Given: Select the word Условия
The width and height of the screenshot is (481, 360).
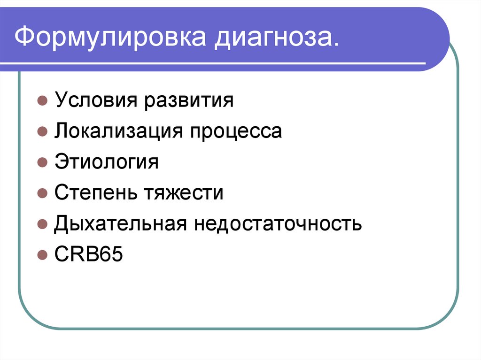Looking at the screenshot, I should pyautogui.click(x=95, y=101).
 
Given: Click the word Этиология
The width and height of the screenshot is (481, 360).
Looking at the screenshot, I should pyautogui.click(x=106, y=162).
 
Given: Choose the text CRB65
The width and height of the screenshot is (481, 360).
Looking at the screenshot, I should pyautogui.click(x=88, y=254).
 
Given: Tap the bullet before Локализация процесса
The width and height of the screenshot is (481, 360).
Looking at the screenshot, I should pyautogui.click(x=42, y=132).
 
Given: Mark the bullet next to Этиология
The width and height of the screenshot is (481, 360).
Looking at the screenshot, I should pyautogui.click(x=42, y=163).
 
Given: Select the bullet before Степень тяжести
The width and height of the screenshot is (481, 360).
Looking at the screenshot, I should pyautogui.click(x=42, y=193).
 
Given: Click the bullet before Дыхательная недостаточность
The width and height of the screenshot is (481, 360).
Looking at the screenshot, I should pyautogui.click(x=42, y=224).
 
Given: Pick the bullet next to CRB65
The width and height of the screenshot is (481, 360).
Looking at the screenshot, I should pyautogui.click(x=42, y=255).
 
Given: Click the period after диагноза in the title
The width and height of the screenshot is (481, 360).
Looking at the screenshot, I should pyautogui.click(x=334, y=46).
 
